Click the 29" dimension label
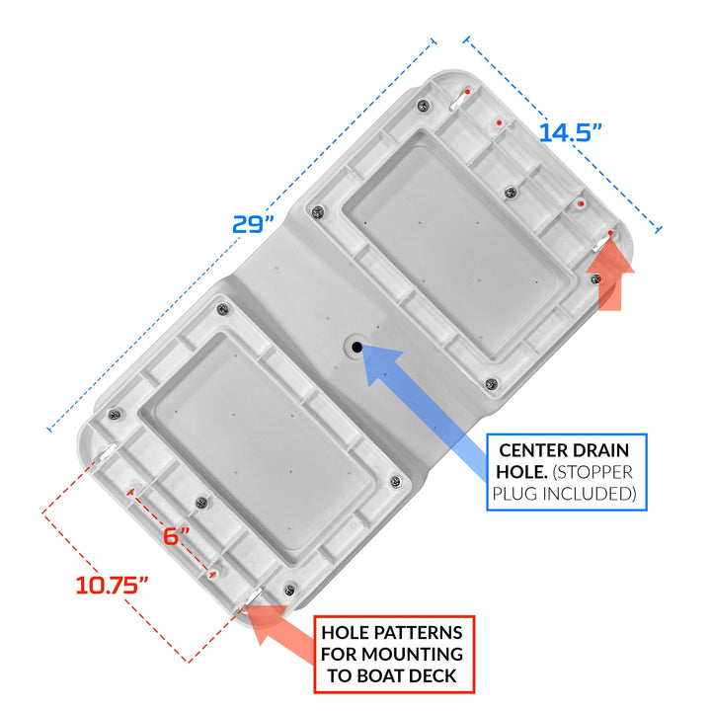tap(254, 224)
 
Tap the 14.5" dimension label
tap(570, 133)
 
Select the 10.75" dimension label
tap(112, 585)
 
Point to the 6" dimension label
tap(177, 536)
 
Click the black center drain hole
tap(356, 348)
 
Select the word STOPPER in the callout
tap(592, 472)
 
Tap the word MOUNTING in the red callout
tap(412, 654)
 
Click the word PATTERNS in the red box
tap(417, 633)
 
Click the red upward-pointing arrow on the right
tap(610, 274)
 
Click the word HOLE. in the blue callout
tap(522, 472)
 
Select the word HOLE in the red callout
tap(345, 633)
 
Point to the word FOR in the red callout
tap(339, 654)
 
